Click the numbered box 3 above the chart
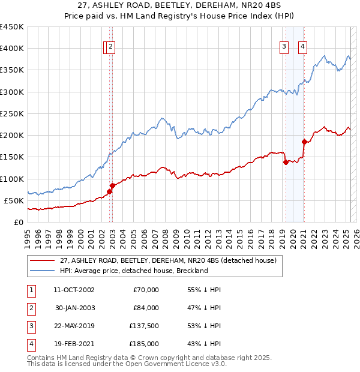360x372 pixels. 283,48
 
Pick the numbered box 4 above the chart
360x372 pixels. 303,48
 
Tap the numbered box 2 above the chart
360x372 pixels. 112,48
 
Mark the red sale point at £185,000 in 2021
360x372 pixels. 304,142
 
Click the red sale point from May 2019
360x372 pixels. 286,162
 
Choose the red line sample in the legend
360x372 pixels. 41,261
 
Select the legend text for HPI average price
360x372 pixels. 133,271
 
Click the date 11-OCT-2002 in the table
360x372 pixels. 74,290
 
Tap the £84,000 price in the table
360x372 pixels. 146,308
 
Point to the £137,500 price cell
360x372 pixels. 144,326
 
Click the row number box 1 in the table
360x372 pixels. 30,290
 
